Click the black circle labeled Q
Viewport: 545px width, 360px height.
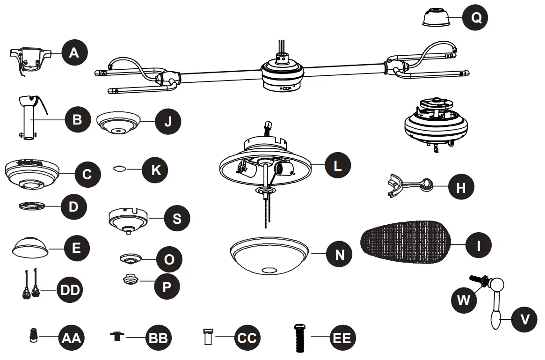[x=476, y=18]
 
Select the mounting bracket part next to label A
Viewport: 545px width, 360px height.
[x=30, y=59]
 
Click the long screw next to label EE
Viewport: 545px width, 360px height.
[x=299, y=338]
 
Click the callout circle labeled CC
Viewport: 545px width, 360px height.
[x=247, y=338]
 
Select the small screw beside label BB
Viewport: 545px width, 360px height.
[x=115, y=336]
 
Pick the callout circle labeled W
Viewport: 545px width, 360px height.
[x=463, y=300]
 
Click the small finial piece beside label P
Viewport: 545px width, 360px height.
[x=130, y=280]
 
